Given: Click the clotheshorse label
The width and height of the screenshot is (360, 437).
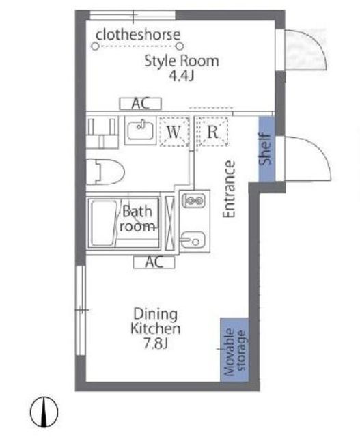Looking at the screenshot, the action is point(138,35).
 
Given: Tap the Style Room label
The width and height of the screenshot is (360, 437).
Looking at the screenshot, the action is point(181,61).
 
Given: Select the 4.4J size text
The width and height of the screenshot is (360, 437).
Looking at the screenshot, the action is point(181,76).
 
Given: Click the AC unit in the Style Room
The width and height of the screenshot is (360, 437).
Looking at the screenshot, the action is point(141,104).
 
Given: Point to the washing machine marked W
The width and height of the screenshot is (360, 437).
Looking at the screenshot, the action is point(174,132).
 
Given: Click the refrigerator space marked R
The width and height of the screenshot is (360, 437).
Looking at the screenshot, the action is point(212,132).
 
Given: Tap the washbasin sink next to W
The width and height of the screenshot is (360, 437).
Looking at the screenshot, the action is point(140,130).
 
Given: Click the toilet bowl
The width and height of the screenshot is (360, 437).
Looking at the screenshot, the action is point(105,172).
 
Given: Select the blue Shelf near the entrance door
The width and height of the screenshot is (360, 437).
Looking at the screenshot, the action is point(266,149).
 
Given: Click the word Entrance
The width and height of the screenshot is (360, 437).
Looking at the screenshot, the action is point(230,189).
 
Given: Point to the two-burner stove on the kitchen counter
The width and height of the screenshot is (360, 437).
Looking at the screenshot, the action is point(194,200).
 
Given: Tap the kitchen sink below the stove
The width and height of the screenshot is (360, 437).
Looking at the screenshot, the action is point(193,240).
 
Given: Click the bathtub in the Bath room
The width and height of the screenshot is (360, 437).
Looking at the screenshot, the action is point(103,223).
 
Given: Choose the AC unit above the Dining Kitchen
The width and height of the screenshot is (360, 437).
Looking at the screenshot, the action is point(154,262).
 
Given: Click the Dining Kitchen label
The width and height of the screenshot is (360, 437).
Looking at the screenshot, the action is point(156,322).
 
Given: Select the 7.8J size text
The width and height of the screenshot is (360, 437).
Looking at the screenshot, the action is point(156,344).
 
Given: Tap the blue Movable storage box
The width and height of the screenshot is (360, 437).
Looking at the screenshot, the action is point(234,350).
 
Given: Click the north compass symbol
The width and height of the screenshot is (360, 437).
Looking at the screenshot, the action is point(44,412).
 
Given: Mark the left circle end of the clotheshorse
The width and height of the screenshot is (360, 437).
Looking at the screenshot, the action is point(95,46).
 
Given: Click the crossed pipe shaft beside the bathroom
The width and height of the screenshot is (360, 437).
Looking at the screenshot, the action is point(169,223).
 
